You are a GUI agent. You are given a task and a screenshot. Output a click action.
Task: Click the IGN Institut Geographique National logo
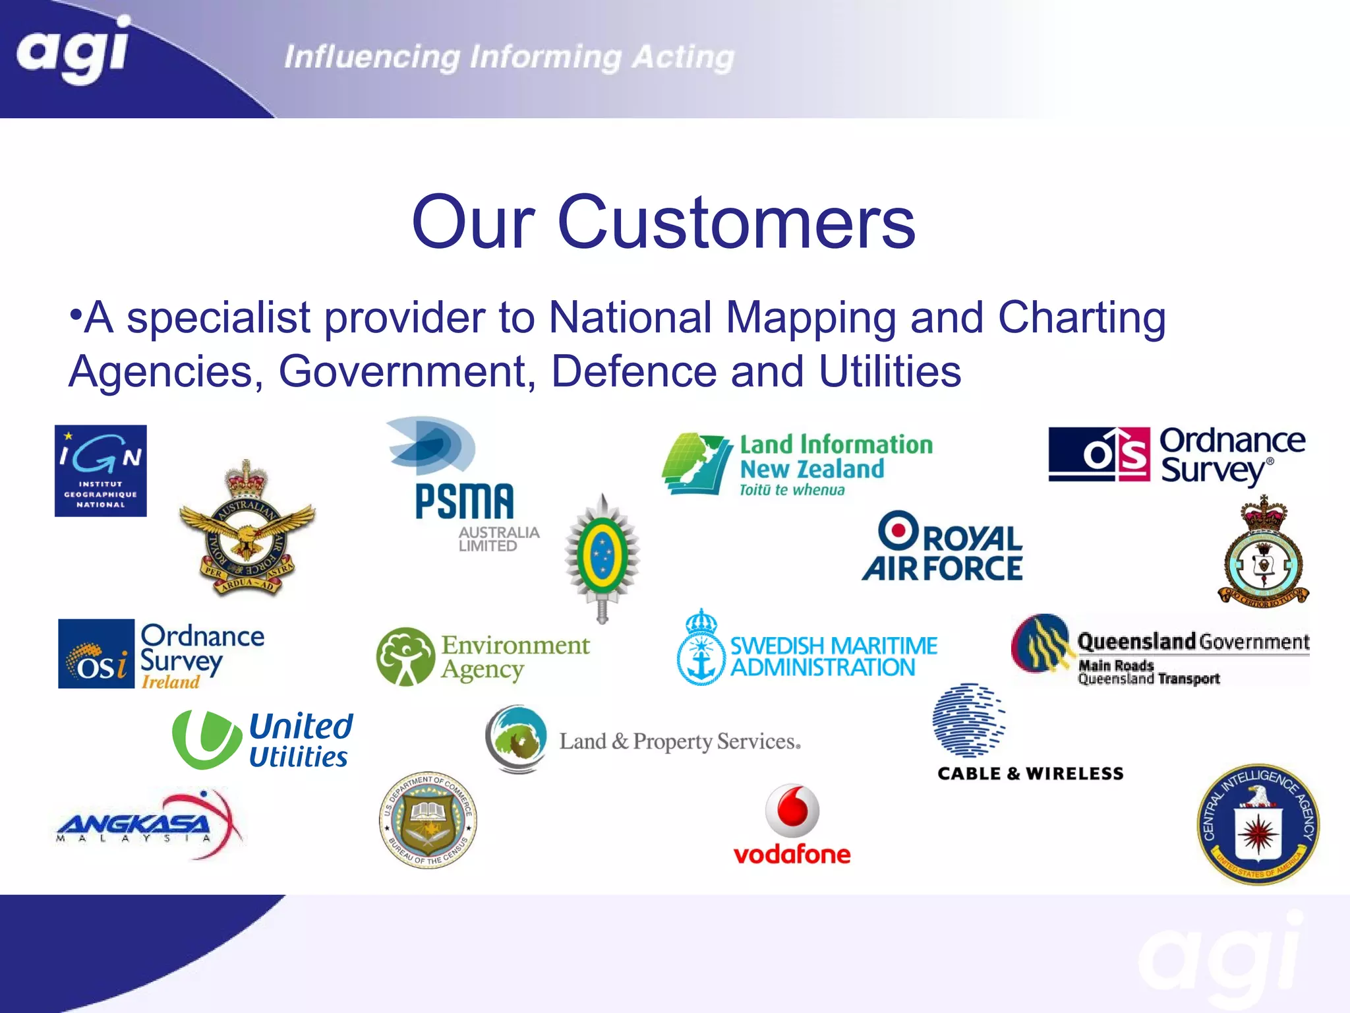point(100,470)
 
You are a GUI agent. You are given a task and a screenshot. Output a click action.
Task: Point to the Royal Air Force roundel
point(898,530)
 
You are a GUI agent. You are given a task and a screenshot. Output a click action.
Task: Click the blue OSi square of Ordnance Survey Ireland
point(96,654)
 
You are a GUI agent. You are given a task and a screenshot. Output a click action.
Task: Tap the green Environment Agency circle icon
point(405,656)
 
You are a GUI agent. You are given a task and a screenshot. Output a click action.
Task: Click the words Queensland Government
point(1193,642)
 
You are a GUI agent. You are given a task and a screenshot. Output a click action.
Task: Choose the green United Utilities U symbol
point(206,739)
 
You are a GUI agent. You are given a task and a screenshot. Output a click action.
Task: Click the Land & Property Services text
point(680,741)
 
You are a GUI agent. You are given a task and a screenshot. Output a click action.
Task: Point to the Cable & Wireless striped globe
point(968,720)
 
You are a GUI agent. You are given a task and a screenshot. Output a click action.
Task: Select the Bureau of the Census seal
point(428,820)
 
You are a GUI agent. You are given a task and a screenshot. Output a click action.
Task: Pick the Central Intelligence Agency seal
point(1258,824)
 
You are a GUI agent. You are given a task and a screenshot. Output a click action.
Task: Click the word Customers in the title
point(736,222)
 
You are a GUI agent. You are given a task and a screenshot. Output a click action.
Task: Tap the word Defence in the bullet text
point(633,371)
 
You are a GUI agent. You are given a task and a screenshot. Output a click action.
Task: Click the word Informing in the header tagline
point(545,57)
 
